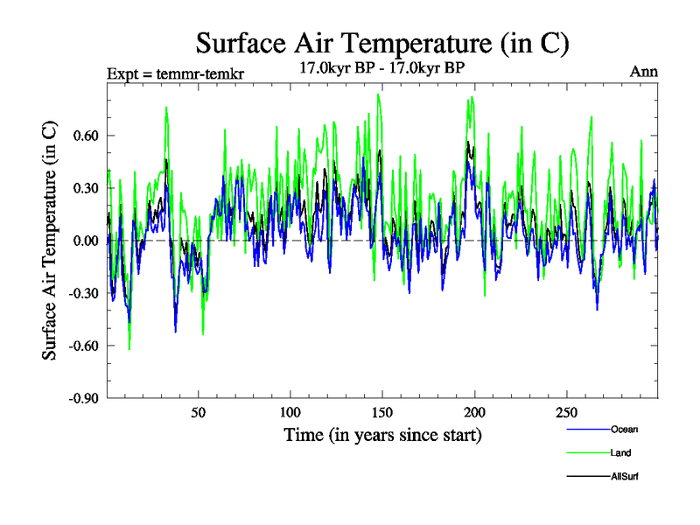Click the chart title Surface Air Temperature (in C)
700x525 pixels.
[x=382, y=43]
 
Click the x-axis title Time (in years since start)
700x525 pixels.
[x=382, y=435]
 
